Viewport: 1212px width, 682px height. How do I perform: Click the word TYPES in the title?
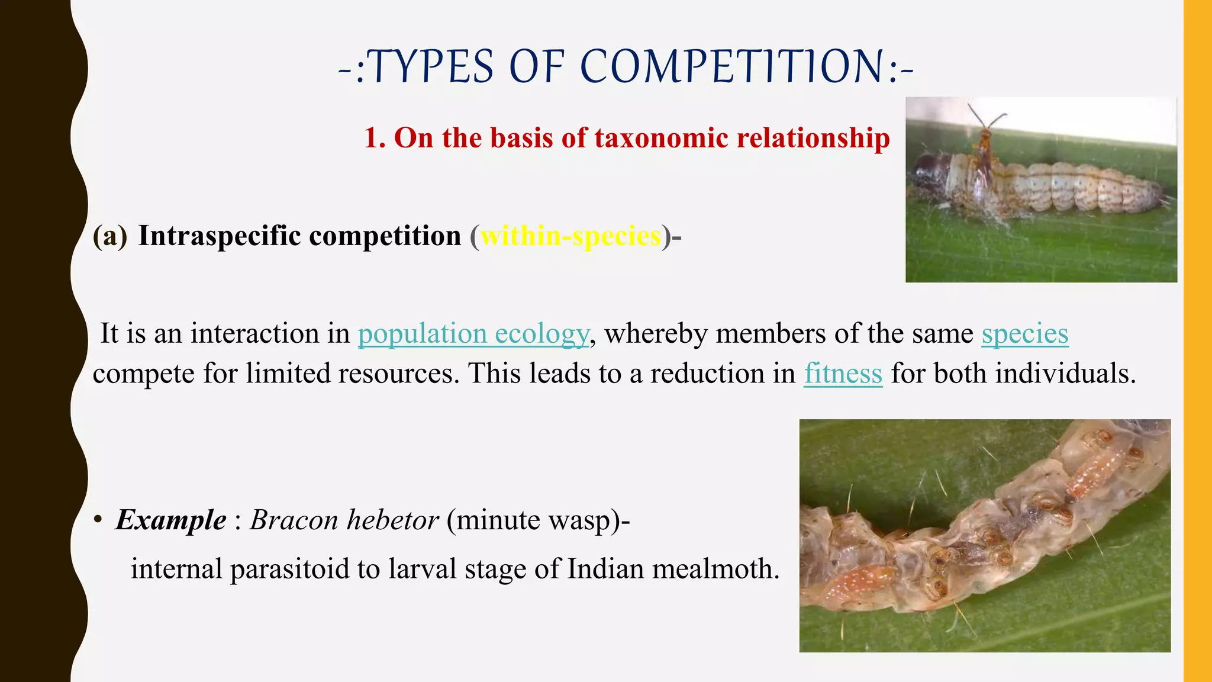pyautogui.click(x=432, y=66)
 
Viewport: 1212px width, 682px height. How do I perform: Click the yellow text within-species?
pyautogui.click(x=570, y=236)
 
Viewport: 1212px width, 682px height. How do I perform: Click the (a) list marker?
pyautogui.click(x=110, y=236)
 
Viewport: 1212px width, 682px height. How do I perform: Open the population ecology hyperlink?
pyautogui.click(x=473, y=334)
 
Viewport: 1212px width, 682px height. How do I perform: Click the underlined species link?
pyautogui.click(x=1024, y=334)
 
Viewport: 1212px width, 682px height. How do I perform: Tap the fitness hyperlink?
pyautogui.click(x=843, y=374)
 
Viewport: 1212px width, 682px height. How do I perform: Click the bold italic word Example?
pyautogui.click(x=171, y=520)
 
